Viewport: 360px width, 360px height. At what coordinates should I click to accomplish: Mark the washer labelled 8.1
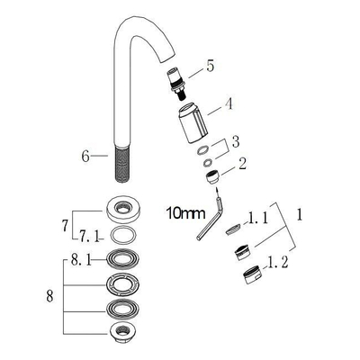point(126,261)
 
